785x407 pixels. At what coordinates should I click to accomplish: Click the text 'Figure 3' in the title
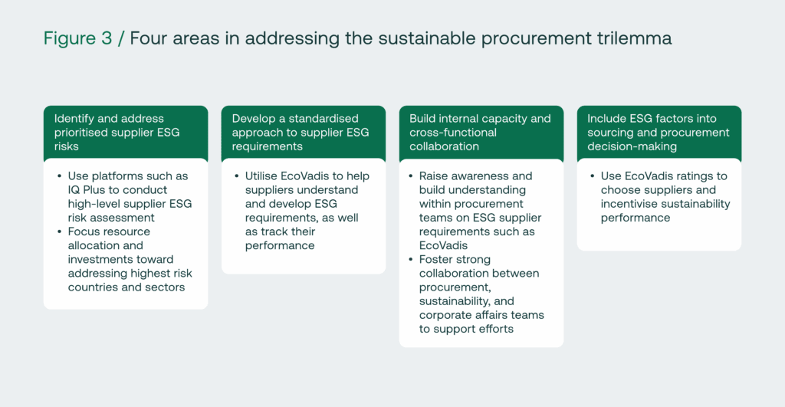tap(77, 38)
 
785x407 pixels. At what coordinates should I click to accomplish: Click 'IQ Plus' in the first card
tap(87, 190)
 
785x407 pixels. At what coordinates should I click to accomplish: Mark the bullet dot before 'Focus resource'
tap(60, 231)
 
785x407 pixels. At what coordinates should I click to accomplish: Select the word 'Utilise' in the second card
tap(261, 176)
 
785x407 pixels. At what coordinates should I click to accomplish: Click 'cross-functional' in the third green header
tap(453, 133)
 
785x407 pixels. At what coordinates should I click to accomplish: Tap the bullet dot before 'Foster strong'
tap(411, 259)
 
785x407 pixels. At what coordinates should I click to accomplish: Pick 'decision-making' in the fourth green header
tap(632, 146)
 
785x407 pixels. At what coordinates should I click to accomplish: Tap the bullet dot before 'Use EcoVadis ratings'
tap(593, 176)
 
